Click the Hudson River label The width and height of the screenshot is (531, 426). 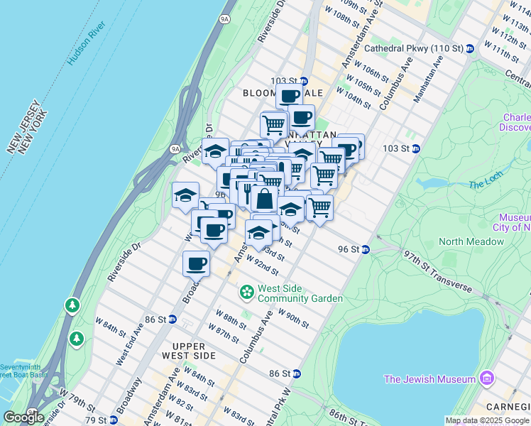coord(87,44)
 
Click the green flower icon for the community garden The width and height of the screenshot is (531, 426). coord(247,292)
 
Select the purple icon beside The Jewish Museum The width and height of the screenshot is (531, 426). coord(486,378)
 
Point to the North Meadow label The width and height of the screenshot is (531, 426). coord(471,241)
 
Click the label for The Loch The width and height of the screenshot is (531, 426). coord(485,185)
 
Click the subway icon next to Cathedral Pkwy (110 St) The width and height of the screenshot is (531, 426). coord(470,48)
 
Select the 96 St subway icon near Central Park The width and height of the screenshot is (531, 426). coord(365,249)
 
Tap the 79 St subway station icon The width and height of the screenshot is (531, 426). coord(114,420)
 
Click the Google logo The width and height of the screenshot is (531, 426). coord(23,417)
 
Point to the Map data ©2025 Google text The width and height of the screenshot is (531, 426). coord(487,420)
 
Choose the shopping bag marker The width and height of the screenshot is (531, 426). coord(264,199)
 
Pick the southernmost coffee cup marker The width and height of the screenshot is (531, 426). coord(196,263)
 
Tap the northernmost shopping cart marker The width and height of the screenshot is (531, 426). coord(273,124)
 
